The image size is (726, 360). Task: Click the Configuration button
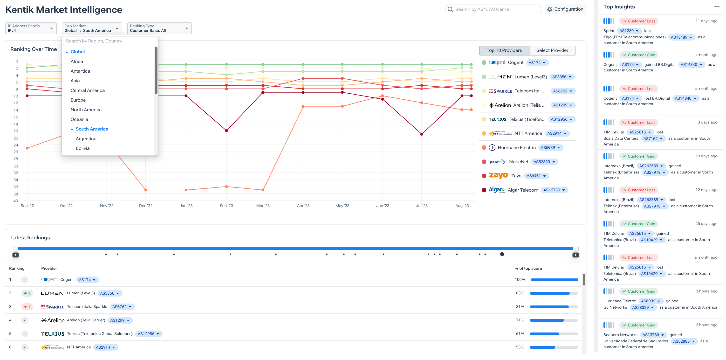565,9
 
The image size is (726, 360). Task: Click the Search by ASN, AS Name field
496,9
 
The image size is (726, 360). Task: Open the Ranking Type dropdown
159,28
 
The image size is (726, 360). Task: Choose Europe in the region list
78,100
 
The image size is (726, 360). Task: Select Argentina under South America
86,139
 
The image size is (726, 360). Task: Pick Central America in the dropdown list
87,90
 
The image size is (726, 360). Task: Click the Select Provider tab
552,50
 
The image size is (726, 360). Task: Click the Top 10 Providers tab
504,50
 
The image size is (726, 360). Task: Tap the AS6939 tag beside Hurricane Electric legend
550,147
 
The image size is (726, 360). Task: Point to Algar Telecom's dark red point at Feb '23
226,131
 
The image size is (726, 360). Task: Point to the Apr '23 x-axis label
303,206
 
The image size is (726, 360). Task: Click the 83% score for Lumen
520,293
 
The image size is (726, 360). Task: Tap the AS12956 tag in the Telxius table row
148,334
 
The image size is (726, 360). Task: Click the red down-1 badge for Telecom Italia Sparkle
27,307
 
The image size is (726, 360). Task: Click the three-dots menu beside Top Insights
717,7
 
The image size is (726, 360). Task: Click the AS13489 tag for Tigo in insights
681,37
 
